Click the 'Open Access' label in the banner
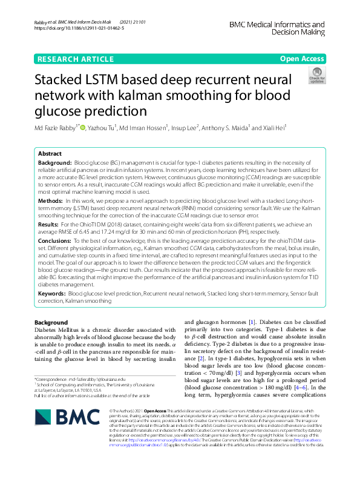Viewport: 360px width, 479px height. point(301,59)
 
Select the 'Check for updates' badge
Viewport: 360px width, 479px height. point(316,76)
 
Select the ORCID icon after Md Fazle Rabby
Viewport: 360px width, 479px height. point(83,128)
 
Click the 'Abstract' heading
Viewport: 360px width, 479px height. point(50,154)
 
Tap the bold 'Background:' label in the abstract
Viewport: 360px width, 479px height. point(54,164)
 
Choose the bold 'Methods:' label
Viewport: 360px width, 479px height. point(50,200)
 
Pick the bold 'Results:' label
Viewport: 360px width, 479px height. point(48,225)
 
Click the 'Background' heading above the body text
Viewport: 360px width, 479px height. point(51,322)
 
